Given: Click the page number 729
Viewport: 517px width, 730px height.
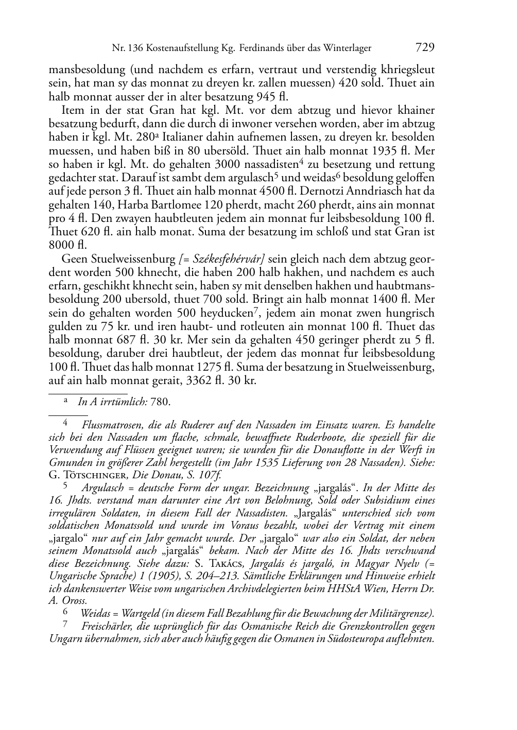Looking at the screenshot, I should click(x=424, y=48).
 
